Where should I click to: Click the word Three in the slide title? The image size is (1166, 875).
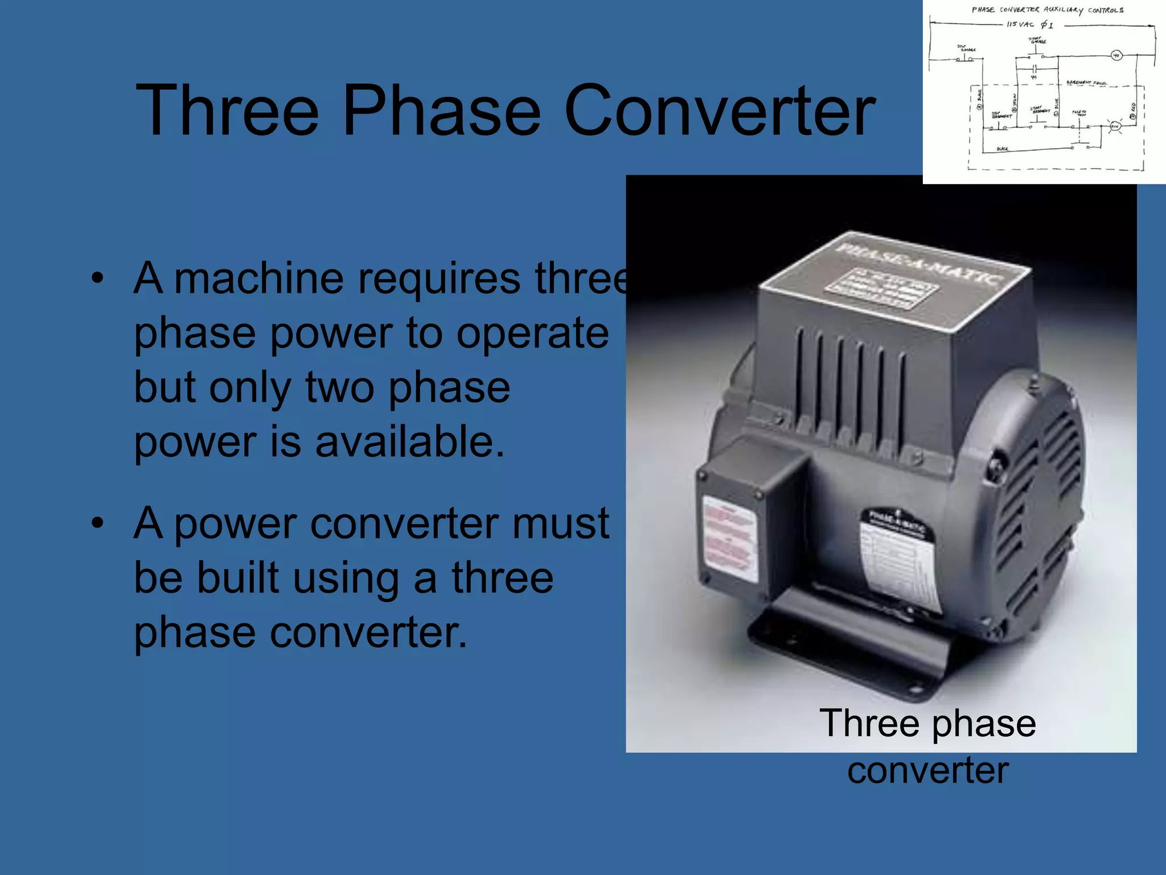pyautogui.click(x=227, y=111)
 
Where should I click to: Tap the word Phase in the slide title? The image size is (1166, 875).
pyautogui.click(x=441, y=111)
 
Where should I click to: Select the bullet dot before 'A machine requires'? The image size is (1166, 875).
pyautogui.click(x=97, y=279)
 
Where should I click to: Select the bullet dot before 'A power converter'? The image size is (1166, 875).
pyautogui.click(x=97, y=523)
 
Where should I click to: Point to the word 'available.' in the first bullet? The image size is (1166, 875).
pyautogui.click(x=410, y=443)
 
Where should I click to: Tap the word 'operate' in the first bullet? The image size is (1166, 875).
pyautogui.click(x=532, y=333)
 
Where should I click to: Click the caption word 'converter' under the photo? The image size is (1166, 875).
pyautogui.click(x=927, y=770)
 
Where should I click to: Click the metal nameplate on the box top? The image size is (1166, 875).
pyautogui.click(x=881, y=288)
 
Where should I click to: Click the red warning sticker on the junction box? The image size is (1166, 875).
pyautogui.click(x=730, y=538)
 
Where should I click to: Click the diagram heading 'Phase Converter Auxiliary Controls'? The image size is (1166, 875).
pyautogui.click(x=1047, y=10)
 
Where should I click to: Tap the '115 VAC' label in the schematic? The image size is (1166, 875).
pyautogui.click(x=1020, y=24)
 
